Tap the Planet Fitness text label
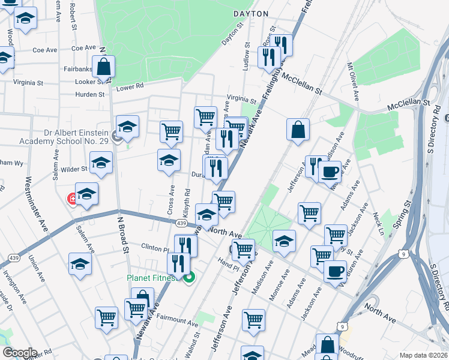click(x=151, y=278)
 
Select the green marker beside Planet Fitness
click(x=190, y=278)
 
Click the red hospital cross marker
click(x=73, y=198)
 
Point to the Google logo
click(x=19, y=353)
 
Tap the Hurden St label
click(x=90, y=94)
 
